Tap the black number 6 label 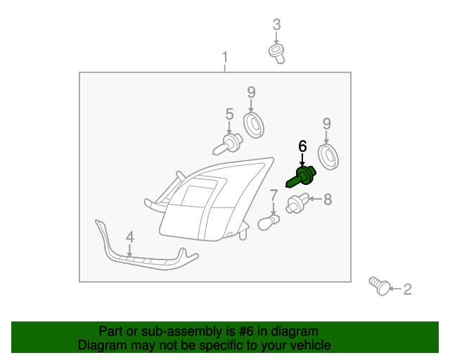[x=302, y=146]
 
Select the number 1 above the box [x=225, y=56]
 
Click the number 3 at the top [x=276, y=25]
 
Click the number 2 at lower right [x=407, y=288]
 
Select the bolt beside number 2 [x=380, y=285]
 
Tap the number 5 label [x=229, y=114]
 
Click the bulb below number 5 [x=225, y=145]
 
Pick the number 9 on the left [x=250, y=91]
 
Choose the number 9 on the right [x=326, y=124]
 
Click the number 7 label [x=274, y=195]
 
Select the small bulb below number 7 [x=269, y=222]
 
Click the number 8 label [x=327, y=200]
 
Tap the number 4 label [x=129, y=238]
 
